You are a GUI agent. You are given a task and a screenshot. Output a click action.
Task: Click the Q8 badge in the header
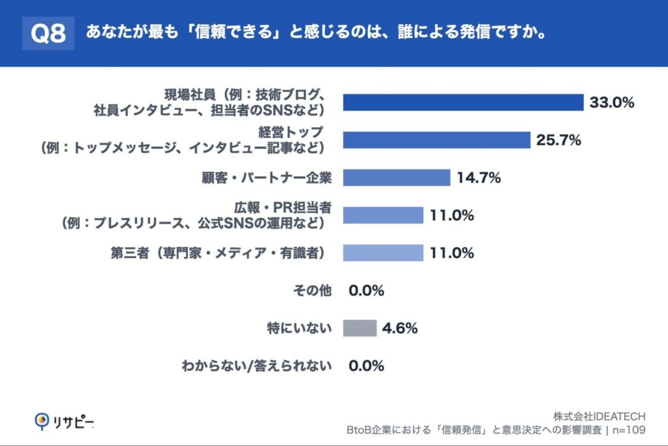(48, 34)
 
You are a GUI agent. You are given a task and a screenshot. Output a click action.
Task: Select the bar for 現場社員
(463, 103)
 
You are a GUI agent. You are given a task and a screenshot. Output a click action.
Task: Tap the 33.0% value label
(612, 103)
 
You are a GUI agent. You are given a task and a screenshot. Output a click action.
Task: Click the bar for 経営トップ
(436, 140)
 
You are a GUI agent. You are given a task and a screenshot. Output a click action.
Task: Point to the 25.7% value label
(558, 140)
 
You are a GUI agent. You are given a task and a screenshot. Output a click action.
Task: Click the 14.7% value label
(478, 178)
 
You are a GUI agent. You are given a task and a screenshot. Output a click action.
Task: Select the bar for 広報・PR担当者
(383, 215)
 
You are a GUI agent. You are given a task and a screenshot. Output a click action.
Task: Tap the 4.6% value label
(400, 328)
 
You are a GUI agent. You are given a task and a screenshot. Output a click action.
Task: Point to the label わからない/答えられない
(257, 366)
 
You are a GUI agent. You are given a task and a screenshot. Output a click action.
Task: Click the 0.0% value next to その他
(367, 291)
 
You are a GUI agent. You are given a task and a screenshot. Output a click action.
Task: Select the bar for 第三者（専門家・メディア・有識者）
(383, 253)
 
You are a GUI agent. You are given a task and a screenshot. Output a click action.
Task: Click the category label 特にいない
(299, 328)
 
